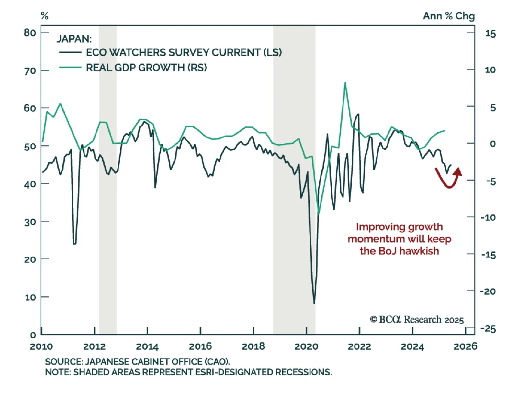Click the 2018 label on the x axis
[x=253, y=346]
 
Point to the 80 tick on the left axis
[x=30, y=32]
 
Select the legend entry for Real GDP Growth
[x=146, y=68]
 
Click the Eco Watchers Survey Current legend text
[x=184, y=52]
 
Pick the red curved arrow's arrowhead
[x=458, y=171]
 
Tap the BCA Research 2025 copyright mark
[x=417, y=320]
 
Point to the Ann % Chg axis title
[x=449, y=16]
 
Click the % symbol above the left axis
[x=45, y=16]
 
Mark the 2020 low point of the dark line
[x=314, y=303]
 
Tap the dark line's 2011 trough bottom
[x=75, y=244]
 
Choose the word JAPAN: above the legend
[x=74, y=39]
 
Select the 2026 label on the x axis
[x=465, y=346]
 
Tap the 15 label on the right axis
[x=490, y=34]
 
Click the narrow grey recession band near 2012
[x=107, y=178]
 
